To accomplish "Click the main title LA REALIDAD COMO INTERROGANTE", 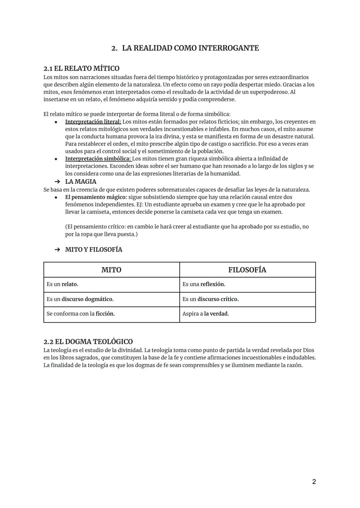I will tap(190, 48).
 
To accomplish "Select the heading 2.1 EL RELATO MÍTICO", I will tap(81, 68).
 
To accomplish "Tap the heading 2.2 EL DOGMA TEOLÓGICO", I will tap(88, 341).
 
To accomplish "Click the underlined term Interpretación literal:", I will tap(93, 122).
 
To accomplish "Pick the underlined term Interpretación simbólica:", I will tap(98, 159).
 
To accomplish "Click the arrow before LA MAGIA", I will tap(57, 182).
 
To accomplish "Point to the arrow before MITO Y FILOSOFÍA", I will tap(57, 250).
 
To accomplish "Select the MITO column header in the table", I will tap(111, 270).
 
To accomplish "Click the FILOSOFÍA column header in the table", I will tap(247, 270).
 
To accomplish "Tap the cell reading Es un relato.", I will tap(63, 284).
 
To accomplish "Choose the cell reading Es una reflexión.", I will tap(204, 284).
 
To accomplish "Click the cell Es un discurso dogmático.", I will tap(80, 299).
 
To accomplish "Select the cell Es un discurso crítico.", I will tap(210, 299).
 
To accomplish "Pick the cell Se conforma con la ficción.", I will tap(81, 314).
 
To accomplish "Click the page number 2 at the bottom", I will tap(314, 482).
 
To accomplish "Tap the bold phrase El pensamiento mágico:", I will tap(96, 197).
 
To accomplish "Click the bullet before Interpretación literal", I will tap(56, 122).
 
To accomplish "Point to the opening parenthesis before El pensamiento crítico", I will tap(66, 227).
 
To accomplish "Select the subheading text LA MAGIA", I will tap(81, 182).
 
